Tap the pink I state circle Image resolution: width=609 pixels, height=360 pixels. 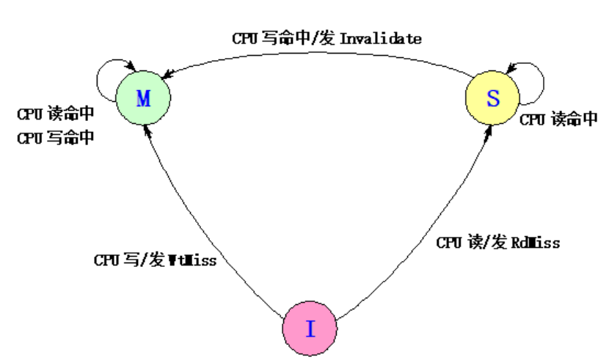[x=310, y=329]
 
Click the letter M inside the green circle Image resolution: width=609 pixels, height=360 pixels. [x=144, y=100]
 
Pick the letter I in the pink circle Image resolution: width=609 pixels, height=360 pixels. [x=310, y=329]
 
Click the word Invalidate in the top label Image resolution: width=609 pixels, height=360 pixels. [x=381, y=38]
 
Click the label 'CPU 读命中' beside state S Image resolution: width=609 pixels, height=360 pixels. [x=559, y=120]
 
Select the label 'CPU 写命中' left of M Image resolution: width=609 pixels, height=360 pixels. [x=56, y=137]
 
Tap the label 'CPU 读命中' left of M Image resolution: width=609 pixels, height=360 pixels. [x=56, y=115]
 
